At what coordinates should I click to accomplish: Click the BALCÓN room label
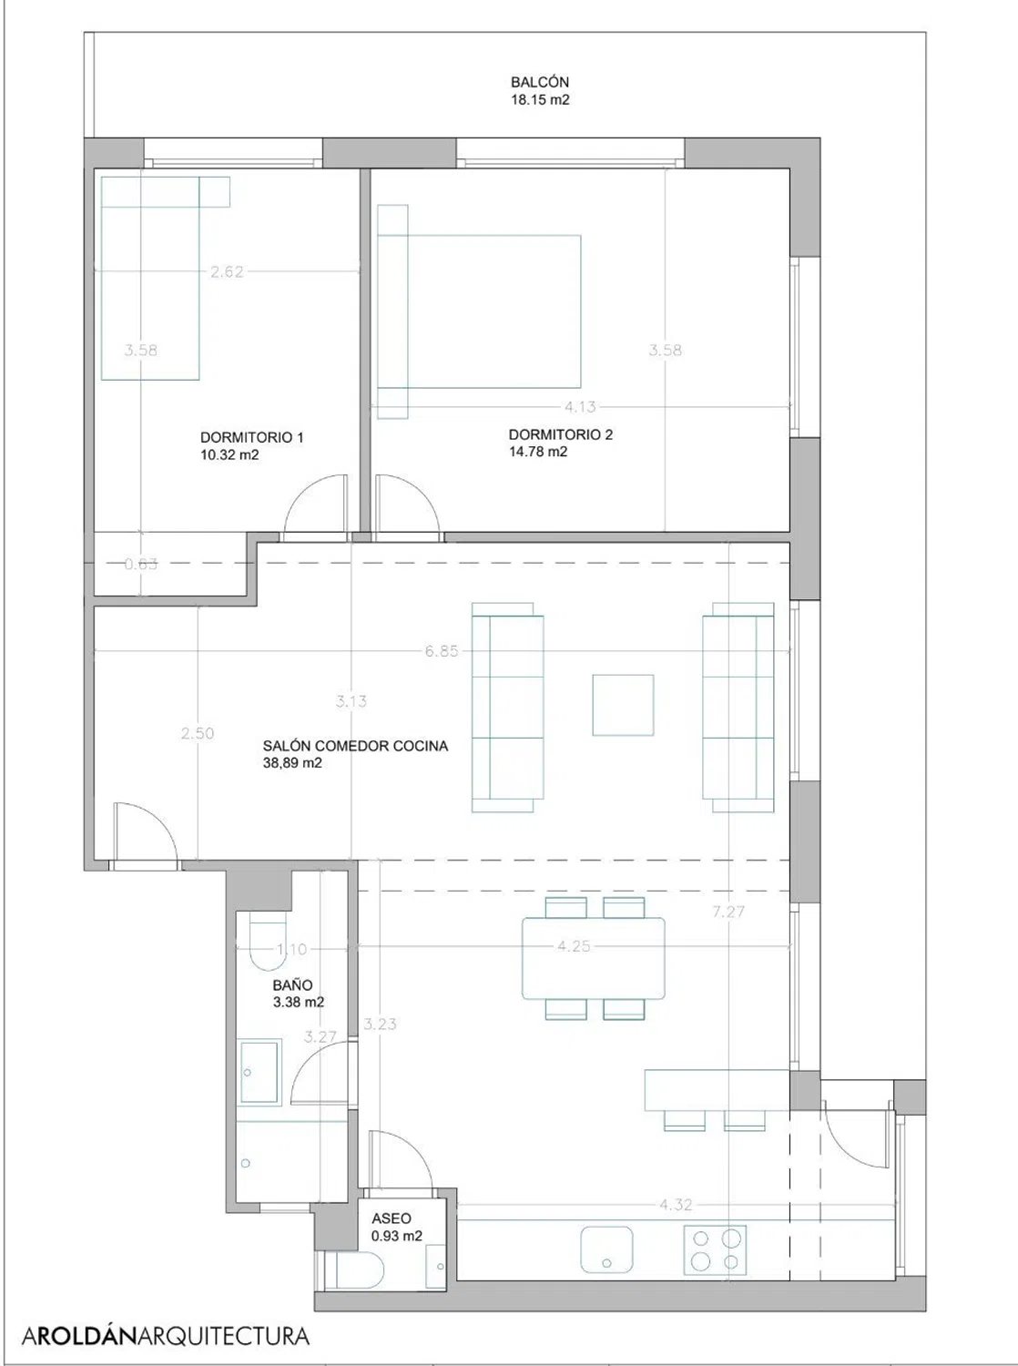click(539, 82)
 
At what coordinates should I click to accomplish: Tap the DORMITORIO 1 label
click(251, 437)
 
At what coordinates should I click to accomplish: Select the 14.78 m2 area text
click(538, 452)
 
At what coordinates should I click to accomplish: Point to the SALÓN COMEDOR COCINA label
click(355, 746)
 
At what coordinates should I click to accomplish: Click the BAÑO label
click(292, 985)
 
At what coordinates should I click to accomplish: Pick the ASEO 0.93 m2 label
click(397, 1228)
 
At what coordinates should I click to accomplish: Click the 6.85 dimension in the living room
click(442, 651)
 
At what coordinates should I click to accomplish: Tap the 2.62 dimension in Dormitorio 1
click(227, 271)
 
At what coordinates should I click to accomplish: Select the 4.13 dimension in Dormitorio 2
click(580, 407)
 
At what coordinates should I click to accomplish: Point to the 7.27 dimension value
click(728, 912)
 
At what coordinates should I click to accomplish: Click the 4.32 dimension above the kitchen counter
click(676, 1205)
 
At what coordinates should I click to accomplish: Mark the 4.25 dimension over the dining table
click(573, 946)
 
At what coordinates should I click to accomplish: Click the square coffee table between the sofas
click(623, 705)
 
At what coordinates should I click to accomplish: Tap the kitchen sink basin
click(606, 1249)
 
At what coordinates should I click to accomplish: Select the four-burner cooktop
click(715, 1249)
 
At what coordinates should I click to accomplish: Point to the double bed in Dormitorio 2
click(479, 311)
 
